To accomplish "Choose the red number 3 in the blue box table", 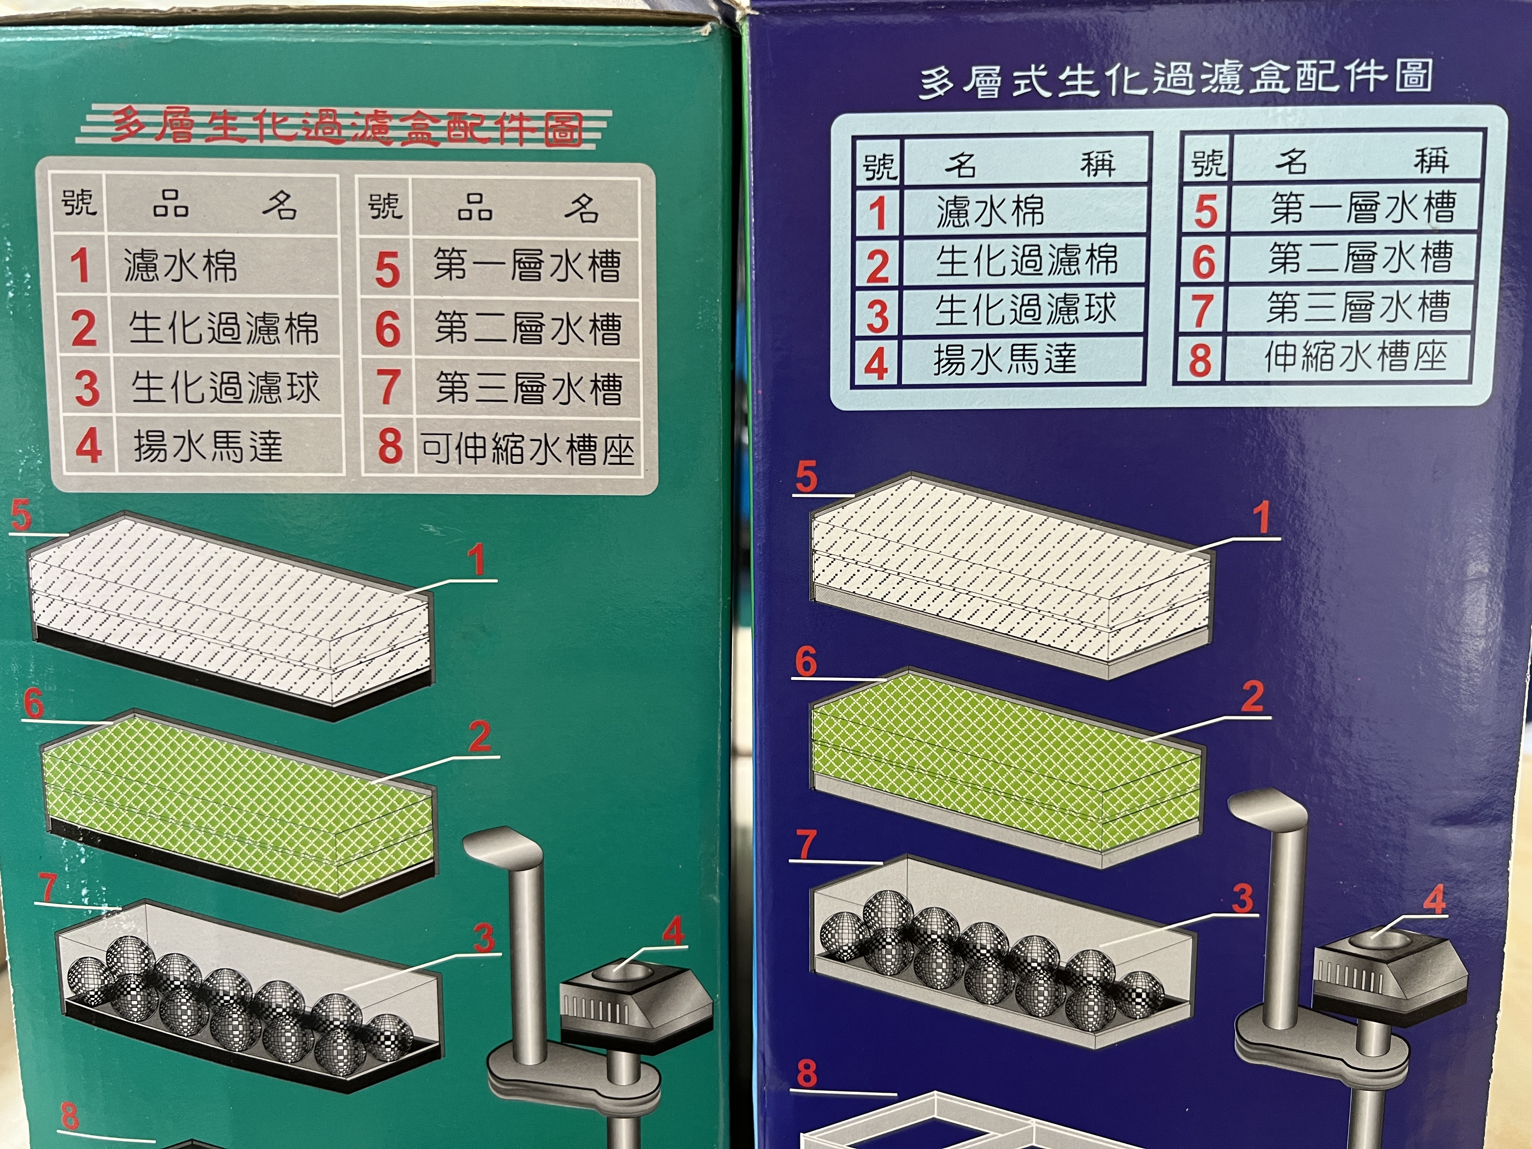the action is [x=877, y=317].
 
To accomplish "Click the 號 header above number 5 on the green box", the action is [x=385, y=206].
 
